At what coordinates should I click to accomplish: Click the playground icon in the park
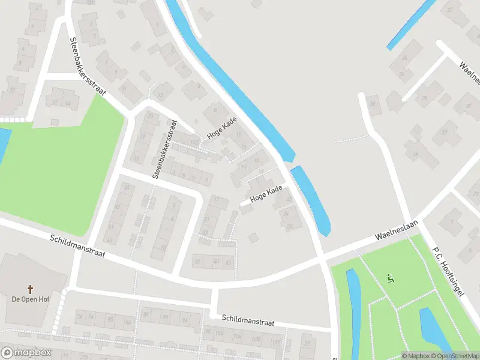[391, 278]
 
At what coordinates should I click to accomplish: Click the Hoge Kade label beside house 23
[266, 193]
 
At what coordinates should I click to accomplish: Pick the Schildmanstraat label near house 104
[247, 320]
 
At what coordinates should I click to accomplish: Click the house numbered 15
[161, 94]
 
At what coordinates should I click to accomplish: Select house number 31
[137, 158]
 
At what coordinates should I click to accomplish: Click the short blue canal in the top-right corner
[411, 24]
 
